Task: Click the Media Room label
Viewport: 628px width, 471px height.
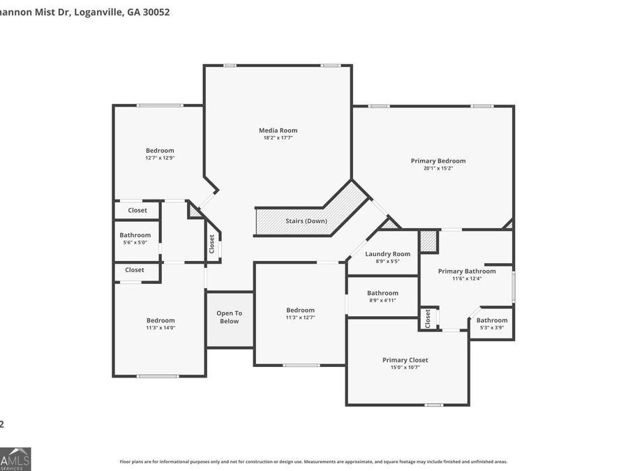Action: pos(278,130)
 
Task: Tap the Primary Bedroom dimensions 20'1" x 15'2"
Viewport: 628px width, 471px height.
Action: pos(438,168)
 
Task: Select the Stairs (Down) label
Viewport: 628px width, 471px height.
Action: pos(306,221)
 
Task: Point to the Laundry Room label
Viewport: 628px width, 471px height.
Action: pos(387,254)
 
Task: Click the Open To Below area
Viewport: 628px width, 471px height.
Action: pos(229,317)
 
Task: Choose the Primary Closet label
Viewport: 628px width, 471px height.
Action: pos(405,360)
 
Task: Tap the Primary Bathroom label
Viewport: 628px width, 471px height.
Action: pos(466,271)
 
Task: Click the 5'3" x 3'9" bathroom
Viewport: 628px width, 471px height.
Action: pos(492,324)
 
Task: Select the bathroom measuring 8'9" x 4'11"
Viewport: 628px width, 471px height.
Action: pos(382,297)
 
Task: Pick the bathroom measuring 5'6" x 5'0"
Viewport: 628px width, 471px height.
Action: pos(135,239)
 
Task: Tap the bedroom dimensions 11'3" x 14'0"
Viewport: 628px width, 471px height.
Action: pos(160,327)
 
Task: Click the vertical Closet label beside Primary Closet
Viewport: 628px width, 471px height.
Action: pos(428,318)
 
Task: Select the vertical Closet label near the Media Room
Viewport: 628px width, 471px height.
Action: pos(212,244)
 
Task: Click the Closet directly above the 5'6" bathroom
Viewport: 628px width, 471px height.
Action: pos(137,210)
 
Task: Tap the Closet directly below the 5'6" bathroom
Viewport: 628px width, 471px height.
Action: pos(135,270)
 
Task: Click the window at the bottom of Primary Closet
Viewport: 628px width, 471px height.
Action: pos(433,405)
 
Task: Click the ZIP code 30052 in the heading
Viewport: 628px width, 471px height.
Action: pos(156,12)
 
